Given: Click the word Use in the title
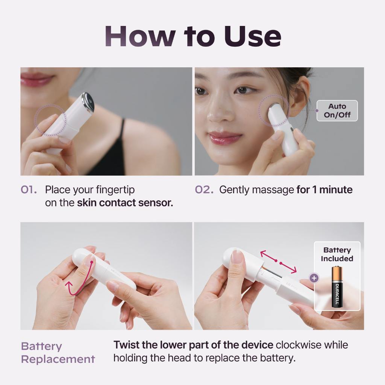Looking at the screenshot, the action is [252, 36].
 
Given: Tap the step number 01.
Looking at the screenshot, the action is [29, 190].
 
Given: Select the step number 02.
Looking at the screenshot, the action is [204, 190].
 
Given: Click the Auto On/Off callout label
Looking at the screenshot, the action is [337, 111].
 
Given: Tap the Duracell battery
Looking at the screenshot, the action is [337, 287].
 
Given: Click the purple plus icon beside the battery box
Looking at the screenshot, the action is [314, 278].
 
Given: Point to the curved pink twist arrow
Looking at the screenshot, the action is [79, 280].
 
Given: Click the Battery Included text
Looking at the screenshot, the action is [337, 254].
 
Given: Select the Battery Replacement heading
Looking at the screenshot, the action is [58, 353].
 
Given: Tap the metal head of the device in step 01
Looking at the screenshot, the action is [88, 102].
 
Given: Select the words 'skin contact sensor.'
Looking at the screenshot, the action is [125, 203].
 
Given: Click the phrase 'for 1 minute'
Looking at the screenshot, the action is [324, 190].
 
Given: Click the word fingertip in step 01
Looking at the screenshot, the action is [115, 190].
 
